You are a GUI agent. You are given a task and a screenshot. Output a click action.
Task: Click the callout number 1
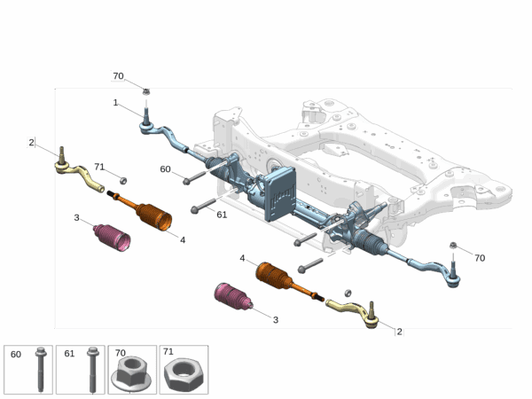(x=115, y=103)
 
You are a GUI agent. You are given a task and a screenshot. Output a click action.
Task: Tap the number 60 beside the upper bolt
(x=165, y=169)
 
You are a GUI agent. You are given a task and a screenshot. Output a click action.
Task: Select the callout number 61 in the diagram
(x=222, y=215)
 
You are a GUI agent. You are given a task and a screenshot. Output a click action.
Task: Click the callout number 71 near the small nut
(x=99, y=167)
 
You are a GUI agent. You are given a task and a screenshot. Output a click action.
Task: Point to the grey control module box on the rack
(x=279, y=193)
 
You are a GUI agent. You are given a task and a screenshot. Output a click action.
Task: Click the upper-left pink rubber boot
(x=112, y=238)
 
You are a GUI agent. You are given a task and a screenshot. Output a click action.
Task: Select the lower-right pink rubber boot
(x=233, y=296)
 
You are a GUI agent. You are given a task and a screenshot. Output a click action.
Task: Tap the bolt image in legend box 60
(x=41, y=370)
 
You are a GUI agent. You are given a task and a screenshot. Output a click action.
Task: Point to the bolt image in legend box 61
(x=92, y=370)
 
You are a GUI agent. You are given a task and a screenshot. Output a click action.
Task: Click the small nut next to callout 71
(x=123, y=181)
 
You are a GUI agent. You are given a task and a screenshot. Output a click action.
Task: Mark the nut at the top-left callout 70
(x=146, y=91)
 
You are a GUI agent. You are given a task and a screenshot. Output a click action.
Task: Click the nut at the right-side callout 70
(x=452, y=245)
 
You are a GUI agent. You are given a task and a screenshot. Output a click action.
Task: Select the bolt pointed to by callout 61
(x=204, y=206)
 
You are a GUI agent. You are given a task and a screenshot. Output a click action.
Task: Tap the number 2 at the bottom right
(x=399, y=332)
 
